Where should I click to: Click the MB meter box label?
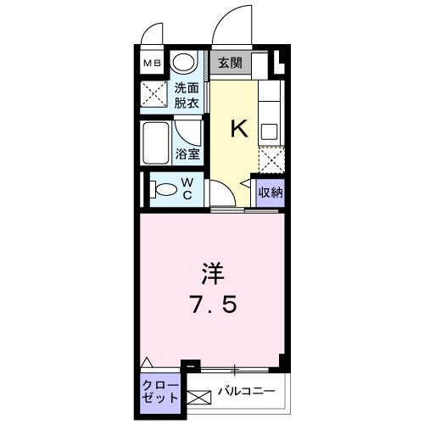coord(150,63)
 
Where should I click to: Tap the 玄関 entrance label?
coord(229,63)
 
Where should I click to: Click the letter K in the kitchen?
coord(239,129)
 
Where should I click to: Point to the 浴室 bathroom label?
coord(187,154)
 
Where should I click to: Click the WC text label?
coord(188,187)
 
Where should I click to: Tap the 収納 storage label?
coord(271,191)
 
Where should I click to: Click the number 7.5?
coord(213,304)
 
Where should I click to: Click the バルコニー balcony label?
coord(244,391)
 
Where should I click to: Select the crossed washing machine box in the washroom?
coord(153,93)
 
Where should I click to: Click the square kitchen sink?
coord(270,132)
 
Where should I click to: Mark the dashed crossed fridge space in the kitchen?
coord(271,159)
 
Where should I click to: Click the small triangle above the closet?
coord(148,360)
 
